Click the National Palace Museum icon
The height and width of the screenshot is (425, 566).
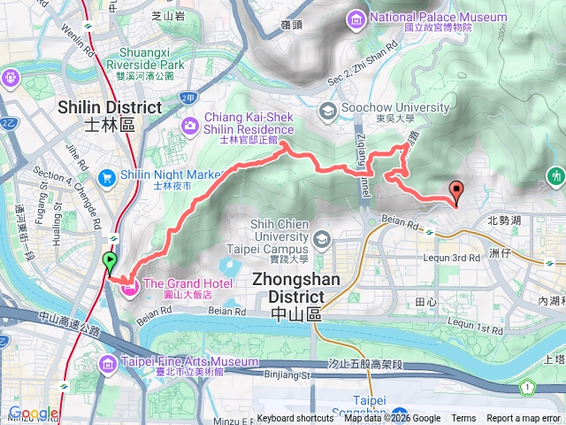coord(356,18)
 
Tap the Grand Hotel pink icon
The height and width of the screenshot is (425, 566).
coord(129,285)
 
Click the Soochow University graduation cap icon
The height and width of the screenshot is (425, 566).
coord(327,110)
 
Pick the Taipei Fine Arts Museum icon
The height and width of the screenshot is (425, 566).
coord(108,363)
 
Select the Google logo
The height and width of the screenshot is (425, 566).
coord(33,413)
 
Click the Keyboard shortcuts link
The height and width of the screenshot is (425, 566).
coord(295,419)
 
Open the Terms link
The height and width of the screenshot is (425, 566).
coord(463,419)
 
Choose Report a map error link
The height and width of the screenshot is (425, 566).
coord(524,419)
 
